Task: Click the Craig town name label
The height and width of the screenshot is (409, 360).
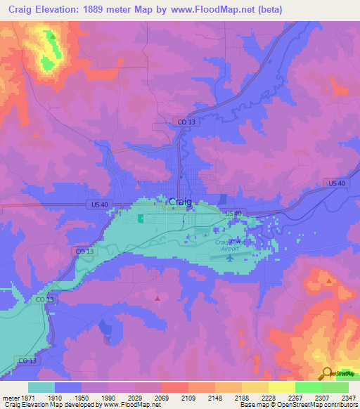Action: (x=180, y=202)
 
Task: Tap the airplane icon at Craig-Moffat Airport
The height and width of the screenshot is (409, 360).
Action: (x=233, y=257)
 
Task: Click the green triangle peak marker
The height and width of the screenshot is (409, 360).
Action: (x=52, y=35)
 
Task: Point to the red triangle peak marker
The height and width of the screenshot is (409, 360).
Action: (x=157, y=299)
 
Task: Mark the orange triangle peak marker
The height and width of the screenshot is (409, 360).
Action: (x=328, y=280)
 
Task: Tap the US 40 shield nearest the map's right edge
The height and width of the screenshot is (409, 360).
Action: (x=337, y=183)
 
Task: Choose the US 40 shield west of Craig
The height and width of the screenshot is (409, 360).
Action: (x=99, y=204)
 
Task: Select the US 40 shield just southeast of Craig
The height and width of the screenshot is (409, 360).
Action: (x=233, y=213)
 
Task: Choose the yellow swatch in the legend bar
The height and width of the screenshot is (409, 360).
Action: (x=282, y=387)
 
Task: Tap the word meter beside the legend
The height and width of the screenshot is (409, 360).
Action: (x=11, y=398)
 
